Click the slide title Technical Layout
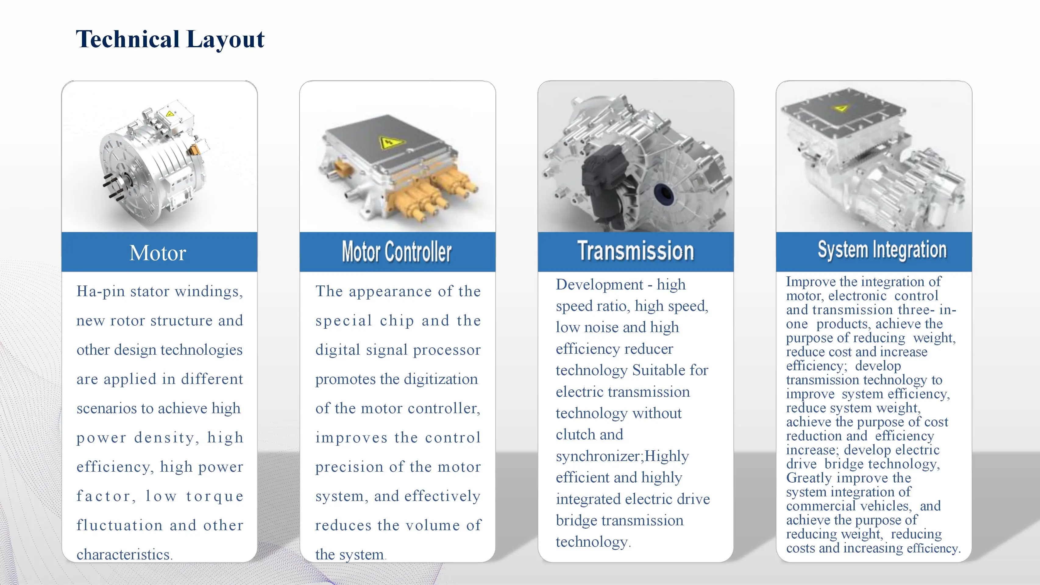[170, 40]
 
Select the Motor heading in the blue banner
[158, 253]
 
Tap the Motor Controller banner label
[397, 252]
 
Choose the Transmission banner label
[635, 250]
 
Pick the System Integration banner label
[882, 250]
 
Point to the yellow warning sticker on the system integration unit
[841, 108]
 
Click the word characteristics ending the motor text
[123, 555]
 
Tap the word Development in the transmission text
[599, 285]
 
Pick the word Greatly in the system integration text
[809, 478]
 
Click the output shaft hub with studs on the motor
[118, 186]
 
